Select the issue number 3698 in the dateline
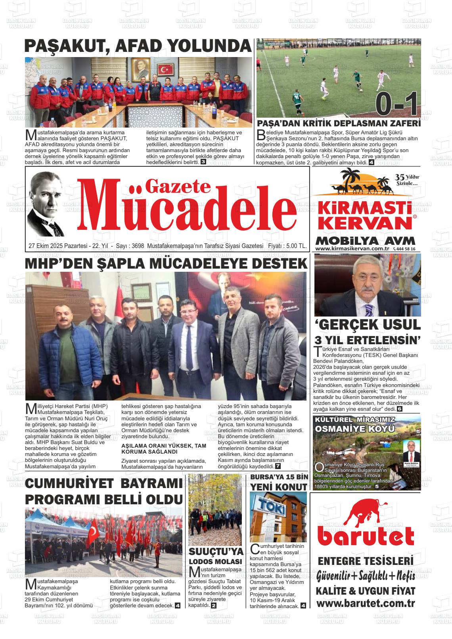pos(137,246)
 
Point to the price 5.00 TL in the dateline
pos(295,246)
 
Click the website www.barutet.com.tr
pos(365,603)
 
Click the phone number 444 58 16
pos(405,249)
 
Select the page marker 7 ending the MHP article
pos(278,466)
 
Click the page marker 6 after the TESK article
pos(400,409)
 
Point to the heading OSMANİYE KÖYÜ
pos(355,429)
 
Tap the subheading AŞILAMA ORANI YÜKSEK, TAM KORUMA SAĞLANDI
pos(163,448)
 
